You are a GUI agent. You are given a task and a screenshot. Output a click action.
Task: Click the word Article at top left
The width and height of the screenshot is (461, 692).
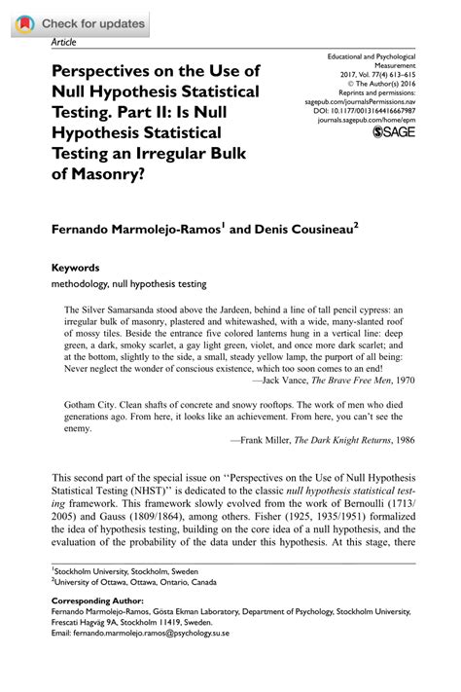click(62, 42)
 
